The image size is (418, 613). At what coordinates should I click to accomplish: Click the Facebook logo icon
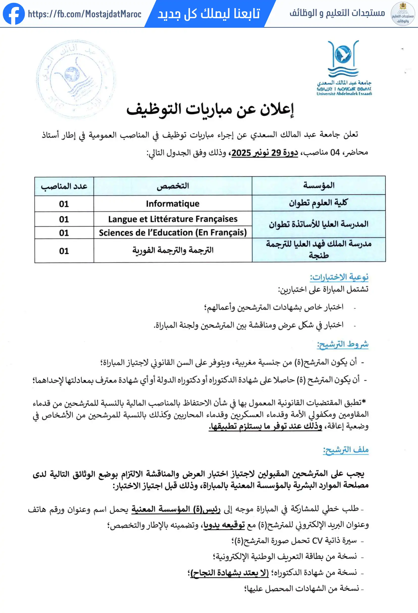(x=14, y=14)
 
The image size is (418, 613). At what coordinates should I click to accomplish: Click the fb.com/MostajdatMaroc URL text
(x=85, y=14)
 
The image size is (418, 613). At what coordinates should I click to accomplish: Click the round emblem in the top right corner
(x=403, y=14)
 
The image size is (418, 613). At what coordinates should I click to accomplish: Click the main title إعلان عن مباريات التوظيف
(x=210, y=110)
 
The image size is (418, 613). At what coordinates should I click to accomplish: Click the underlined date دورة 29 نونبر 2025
(x=265, y=152)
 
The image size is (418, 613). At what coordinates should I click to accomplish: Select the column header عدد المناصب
(x=64, y=186)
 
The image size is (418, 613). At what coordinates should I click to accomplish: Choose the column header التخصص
(x=173, y=186)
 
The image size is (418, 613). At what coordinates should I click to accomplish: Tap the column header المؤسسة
(x=319, y=185)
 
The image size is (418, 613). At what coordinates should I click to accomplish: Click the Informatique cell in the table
(x=173, y=204)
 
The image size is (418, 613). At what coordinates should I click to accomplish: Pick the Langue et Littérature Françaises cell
(x=173, y=219)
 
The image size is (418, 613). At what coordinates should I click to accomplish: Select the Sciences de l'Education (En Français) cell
(x=173, y=233)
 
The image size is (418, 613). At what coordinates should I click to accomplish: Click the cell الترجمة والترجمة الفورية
(x=173, y=250)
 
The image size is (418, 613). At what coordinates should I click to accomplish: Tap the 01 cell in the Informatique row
(x=64, y=204)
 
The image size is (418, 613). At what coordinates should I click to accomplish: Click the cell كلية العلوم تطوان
(x=318, y=203)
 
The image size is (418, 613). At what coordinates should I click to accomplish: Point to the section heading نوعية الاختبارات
(x=339, y=277)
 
